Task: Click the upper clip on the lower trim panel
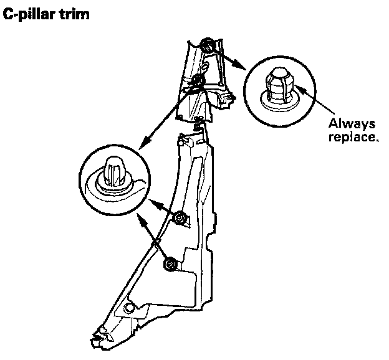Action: pos(181,218)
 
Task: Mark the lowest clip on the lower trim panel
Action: pos(168,264)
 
